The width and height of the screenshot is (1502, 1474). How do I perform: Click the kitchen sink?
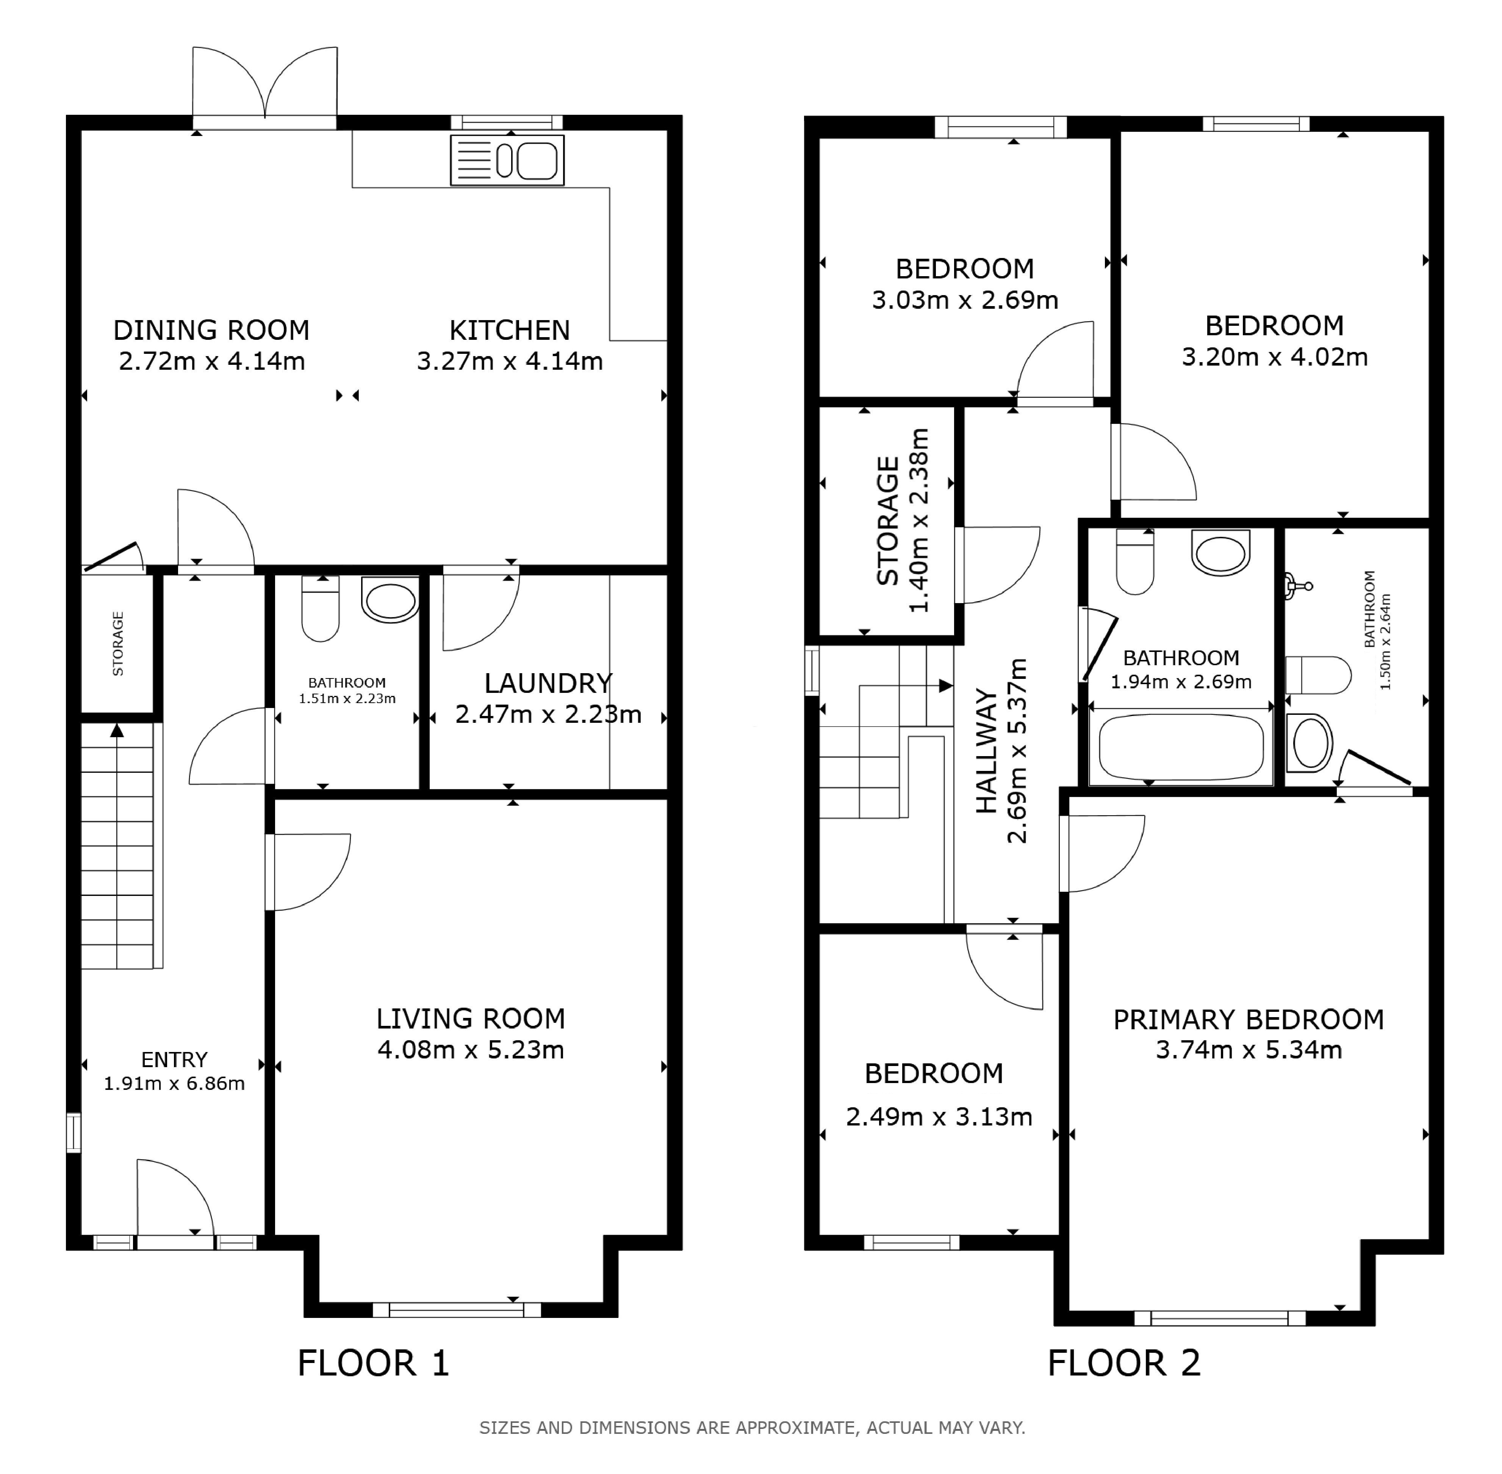507,160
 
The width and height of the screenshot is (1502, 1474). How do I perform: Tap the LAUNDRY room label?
548,683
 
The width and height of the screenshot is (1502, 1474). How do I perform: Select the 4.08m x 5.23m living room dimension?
471,1050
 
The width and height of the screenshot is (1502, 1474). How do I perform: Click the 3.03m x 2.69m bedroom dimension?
965,300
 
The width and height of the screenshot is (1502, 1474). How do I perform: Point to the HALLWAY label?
986,751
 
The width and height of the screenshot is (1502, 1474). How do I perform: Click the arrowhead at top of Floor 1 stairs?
117,729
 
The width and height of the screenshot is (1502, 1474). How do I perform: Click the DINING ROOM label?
211,331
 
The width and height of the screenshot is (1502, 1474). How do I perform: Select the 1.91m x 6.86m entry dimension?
174,1083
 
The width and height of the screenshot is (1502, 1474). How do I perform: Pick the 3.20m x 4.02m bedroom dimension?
1274,357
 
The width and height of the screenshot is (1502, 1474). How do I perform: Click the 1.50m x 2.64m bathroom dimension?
1385,642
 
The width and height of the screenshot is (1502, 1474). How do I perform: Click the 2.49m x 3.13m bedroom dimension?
939,1117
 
